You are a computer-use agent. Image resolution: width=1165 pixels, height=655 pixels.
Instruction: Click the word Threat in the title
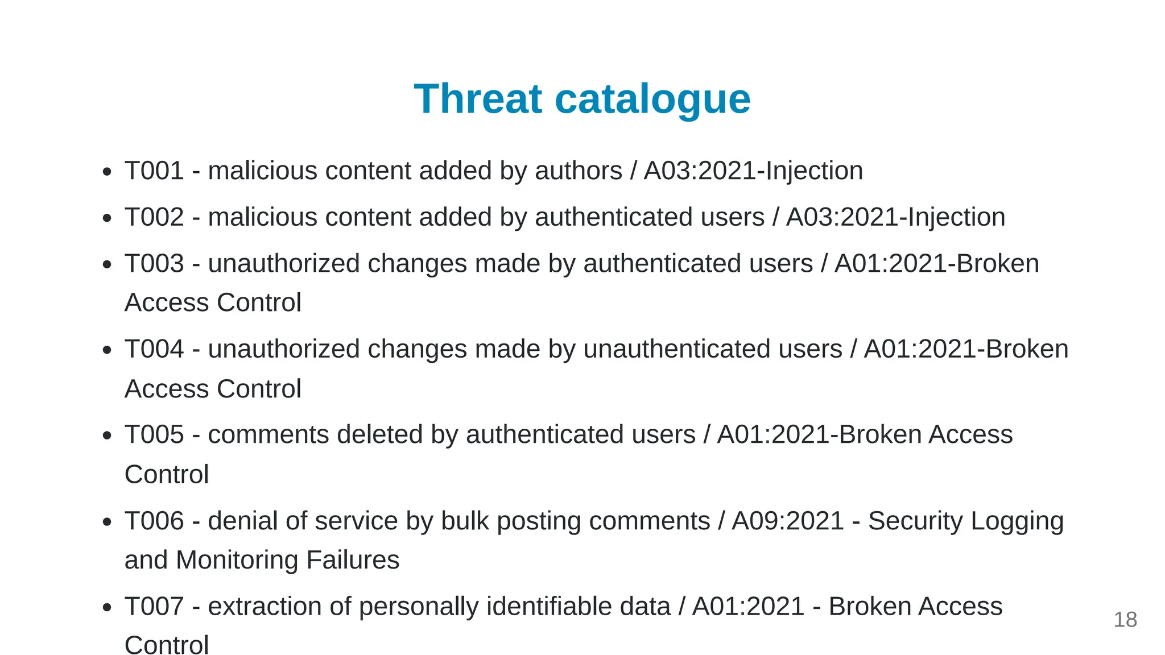click(478, 99)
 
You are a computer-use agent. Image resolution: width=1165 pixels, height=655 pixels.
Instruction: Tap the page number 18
click(1125, 620)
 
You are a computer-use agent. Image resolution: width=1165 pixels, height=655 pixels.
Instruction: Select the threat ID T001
click(154, 171)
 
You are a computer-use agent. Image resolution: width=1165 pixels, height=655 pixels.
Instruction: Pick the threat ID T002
click(154, 217)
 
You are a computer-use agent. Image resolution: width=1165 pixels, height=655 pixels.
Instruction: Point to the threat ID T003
click(154, 264)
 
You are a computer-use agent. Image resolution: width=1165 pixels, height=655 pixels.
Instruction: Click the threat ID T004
click(154, 349)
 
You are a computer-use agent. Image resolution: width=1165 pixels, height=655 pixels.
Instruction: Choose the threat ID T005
click(154, 435)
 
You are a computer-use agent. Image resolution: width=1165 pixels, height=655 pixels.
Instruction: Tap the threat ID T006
click(154, 521)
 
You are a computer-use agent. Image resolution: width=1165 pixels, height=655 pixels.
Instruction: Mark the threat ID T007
click(154, 607)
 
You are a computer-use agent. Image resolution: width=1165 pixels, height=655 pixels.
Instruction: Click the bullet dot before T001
click(107, 172)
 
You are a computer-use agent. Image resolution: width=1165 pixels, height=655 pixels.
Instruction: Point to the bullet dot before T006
click(107, 522)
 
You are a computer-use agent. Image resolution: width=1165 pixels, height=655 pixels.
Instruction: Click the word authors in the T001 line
click(579, 171)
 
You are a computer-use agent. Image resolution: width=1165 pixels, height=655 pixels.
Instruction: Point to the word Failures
click(353, 560)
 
